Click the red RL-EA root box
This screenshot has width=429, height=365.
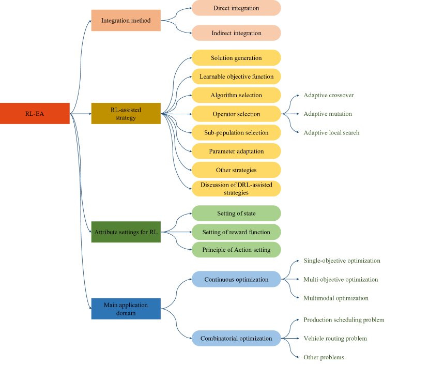coord(35,113)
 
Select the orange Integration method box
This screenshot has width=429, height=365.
coord(126,21)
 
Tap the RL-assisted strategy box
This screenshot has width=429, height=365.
coord(126,113)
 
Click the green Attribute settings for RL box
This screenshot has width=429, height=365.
coord(126,232)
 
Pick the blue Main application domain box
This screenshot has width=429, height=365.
coord(126,309)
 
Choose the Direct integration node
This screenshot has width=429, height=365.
coord(236,8)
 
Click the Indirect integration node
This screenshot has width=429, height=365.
coord(236,33)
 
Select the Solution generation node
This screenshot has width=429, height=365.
coord(236,58)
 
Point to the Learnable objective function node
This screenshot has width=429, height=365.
coord(236,77)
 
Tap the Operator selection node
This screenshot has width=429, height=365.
coord(236,114)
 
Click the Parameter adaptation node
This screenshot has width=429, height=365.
coord(236,151)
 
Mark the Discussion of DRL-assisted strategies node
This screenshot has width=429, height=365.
coord(236,189)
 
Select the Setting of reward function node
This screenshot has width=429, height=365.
coord(236,232)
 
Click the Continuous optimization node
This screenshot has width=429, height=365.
coord(236,279)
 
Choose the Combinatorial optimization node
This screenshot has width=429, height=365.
coord(236,339)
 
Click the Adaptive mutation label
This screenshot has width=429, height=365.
coord(328,114)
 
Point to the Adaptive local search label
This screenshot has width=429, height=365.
coord(331,132)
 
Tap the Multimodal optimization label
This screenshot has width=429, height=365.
coord(336,298)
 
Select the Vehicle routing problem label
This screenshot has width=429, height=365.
coord(335,338)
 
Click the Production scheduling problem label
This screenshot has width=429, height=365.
coord(344,320)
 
